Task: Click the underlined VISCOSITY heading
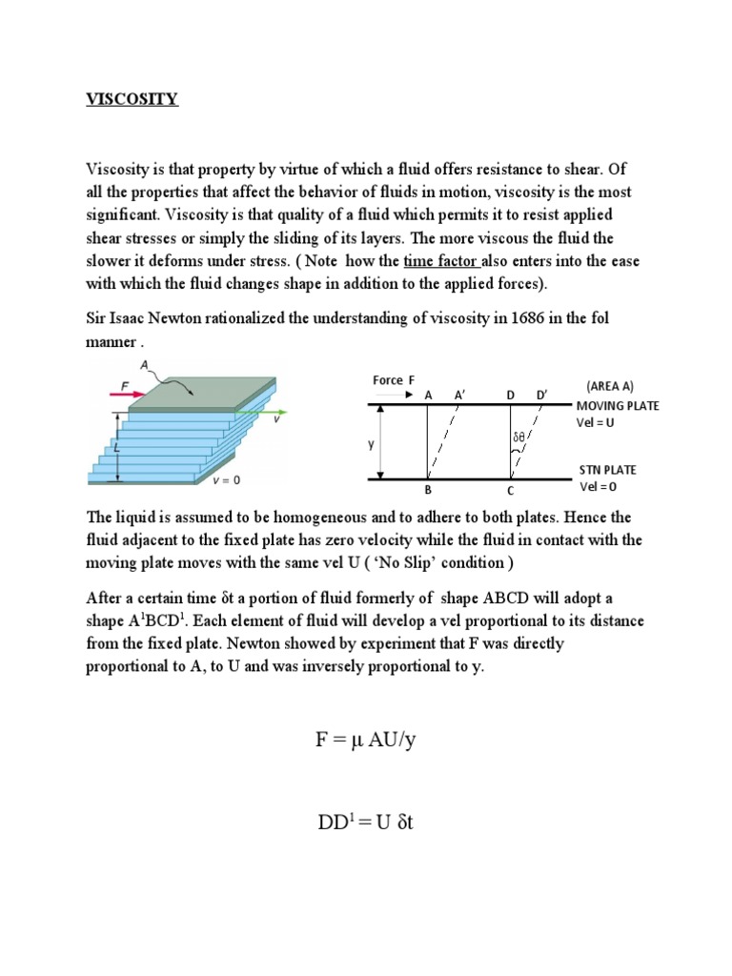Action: coord(132,99)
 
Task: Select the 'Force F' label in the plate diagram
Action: coord(394,379)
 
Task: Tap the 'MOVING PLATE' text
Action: coord(618,406)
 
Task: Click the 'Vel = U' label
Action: coord(598,422)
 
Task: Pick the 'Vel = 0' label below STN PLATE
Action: coord(599,486)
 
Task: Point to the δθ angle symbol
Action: coord(518,438)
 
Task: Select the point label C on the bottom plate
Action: coord(510,491)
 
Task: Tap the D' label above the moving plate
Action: coord(541,394)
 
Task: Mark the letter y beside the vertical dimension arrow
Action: coord(372,444)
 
